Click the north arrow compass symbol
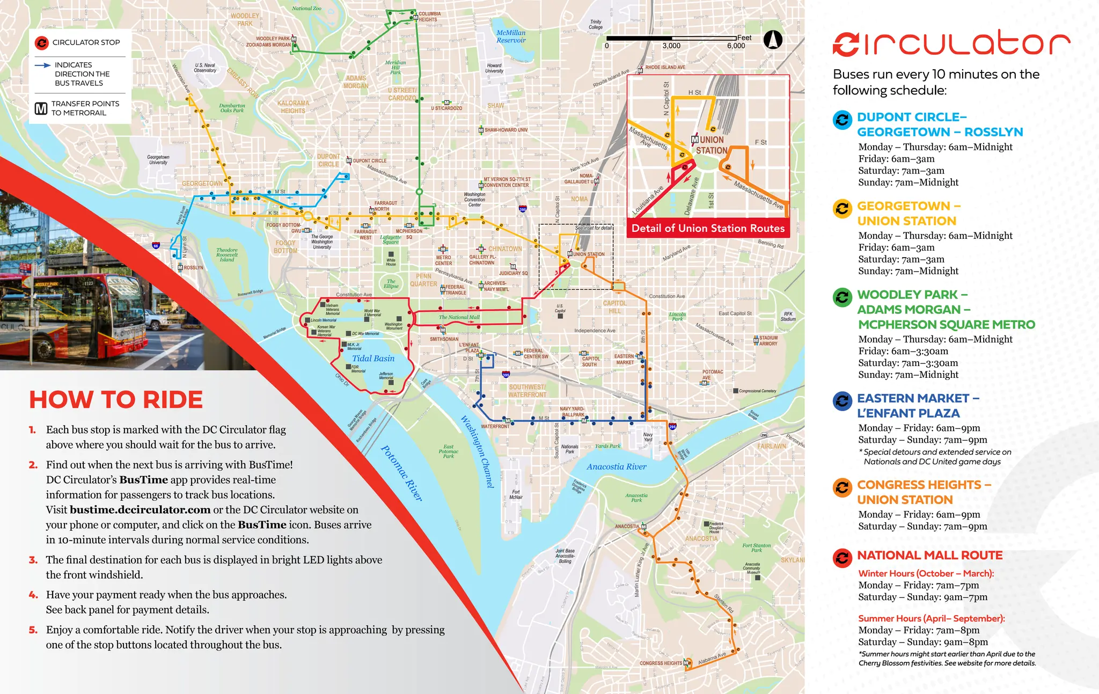[773, 40]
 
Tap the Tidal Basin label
[373, 359]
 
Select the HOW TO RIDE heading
[116, 400]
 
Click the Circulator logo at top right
[951, 43]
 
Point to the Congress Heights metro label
[661, 663]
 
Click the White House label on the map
[391, 262]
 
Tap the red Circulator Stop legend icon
[41, 42]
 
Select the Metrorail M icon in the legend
[41, 108]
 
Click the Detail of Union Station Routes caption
[708, 228]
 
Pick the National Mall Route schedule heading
[929, 556]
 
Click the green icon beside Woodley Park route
[842, 297]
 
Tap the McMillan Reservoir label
[511, 36]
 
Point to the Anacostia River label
[616, 467]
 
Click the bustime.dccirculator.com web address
[140, 510]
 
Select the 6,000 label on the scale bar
[736, 46]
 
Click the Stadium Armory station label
[768, 341]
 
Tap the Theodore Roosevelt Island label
[226, 255]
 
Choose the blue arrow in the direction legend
[43, 65]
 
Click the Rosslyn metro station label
[193, 267]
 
